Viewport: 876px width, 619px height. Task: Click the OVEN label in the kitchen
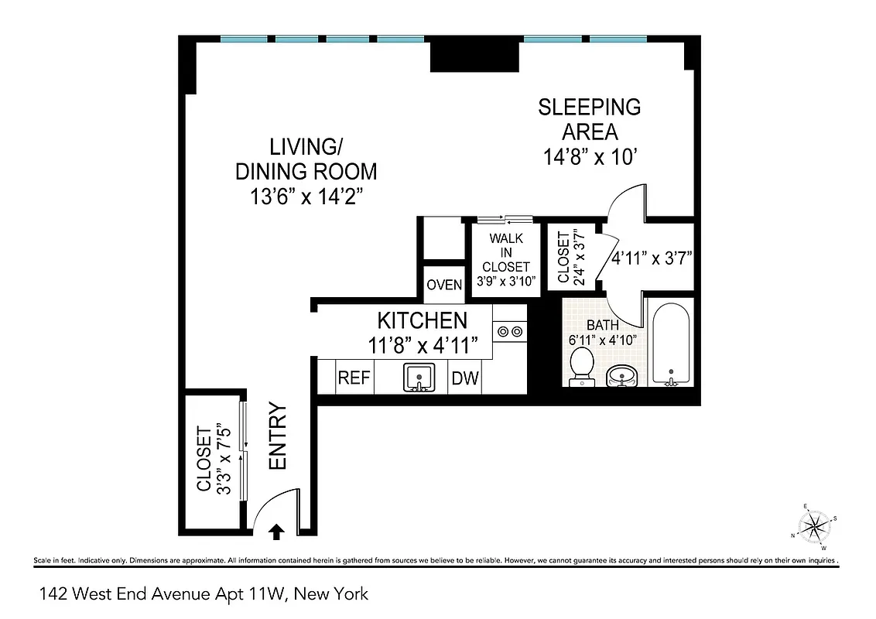(444, 285)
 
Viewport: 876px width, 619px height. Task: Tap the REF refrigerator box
(354, 379)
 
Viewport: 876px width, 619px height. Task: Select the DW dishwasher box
(465, 379)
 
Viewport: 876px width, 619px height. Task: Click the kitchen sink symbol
(420, 378)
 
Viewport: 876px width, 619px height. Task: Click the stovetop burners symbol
(510, 331)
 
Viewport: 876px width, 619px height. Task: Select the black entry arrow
(276, 531)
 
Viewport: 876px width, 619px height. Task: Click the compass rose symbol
(814, 526)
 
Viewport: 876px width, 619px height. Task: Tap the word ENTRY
(277, 436)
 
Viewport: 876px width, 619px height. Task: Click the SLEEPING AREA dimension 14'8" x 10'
(590, 157)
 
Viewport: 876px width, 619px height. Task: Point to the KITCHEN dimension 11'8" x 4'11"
(423, 345)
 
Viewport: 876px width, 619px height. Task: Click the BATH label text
(602, 326)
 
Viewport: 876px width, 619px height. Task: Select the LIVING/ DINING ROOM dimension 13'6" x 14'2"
(306, 197)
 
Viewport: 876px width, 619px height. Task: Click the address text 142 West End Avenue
(204, 594)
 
